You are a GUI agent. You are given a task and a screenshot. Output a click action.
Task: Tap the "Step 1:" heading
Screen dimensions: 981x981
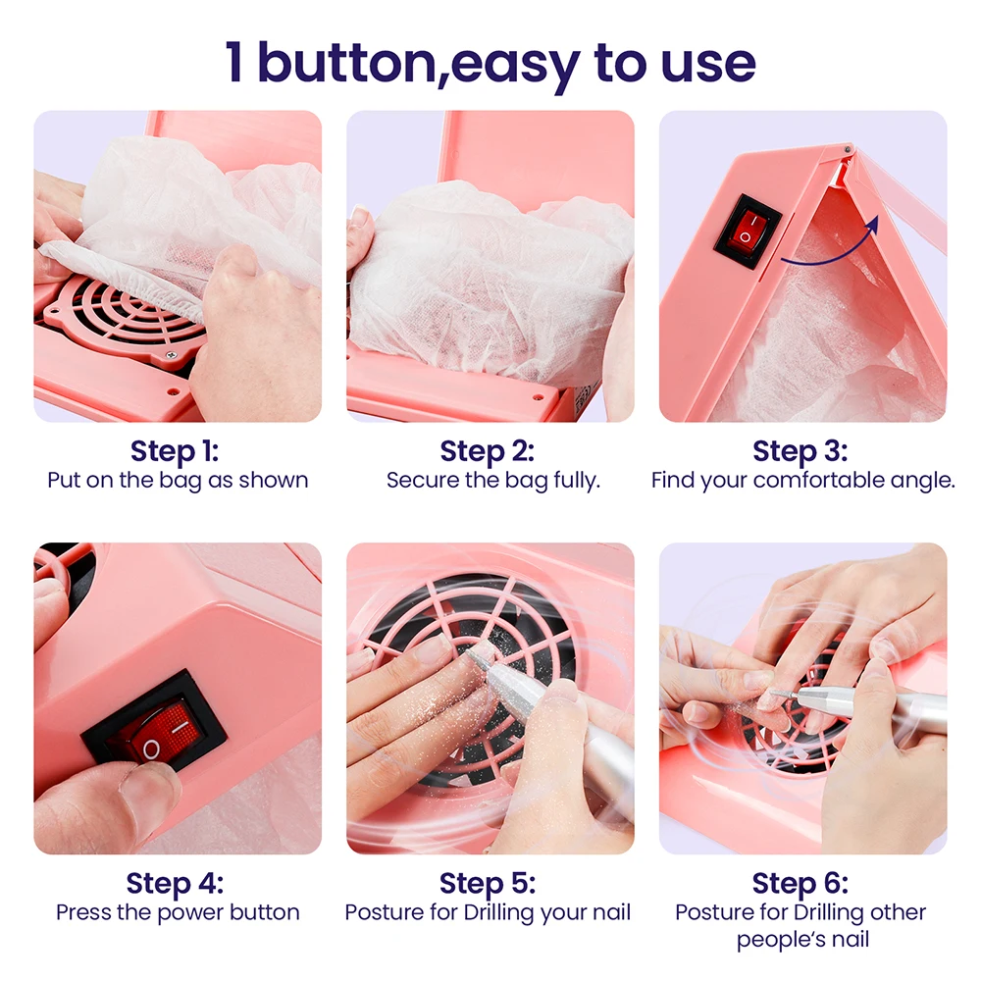(175, 451)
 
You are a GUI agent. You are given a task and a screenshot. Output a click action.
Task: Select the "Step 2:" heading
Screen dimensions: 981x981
(488, 451)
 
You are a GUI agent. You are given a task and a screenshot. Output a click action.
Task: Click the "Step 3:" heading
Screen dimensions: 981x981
(800, 451)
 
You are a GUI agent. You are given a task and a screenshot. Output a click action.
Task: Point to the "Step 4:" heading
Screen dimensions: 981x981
(177, 883)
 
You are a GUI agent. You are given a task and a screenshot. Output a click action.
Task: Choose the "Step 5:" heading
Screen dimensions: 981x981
(488, 883)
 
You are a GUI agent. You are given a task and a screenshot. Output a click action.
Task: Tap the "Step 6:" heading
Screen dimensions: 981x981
(800, 883)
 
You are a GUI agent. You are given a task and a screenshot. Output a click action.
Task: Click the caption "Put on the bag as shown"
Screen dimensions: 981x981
(178, 481)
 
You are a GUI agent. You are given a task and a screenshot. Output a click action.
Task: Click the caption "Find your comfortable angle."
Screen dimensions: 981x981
(802, 481)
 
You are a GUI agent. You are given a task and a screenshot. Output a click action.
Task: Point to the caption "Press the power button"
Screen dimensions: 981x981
(178, 912)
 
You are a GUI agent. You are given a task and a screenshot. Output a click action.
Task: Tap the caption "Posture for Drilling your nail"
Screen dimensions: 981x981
(488, 912)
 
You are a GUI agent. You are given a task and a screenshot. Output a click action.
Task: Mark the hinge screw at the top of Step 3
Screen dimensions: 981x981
(848, 149)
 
